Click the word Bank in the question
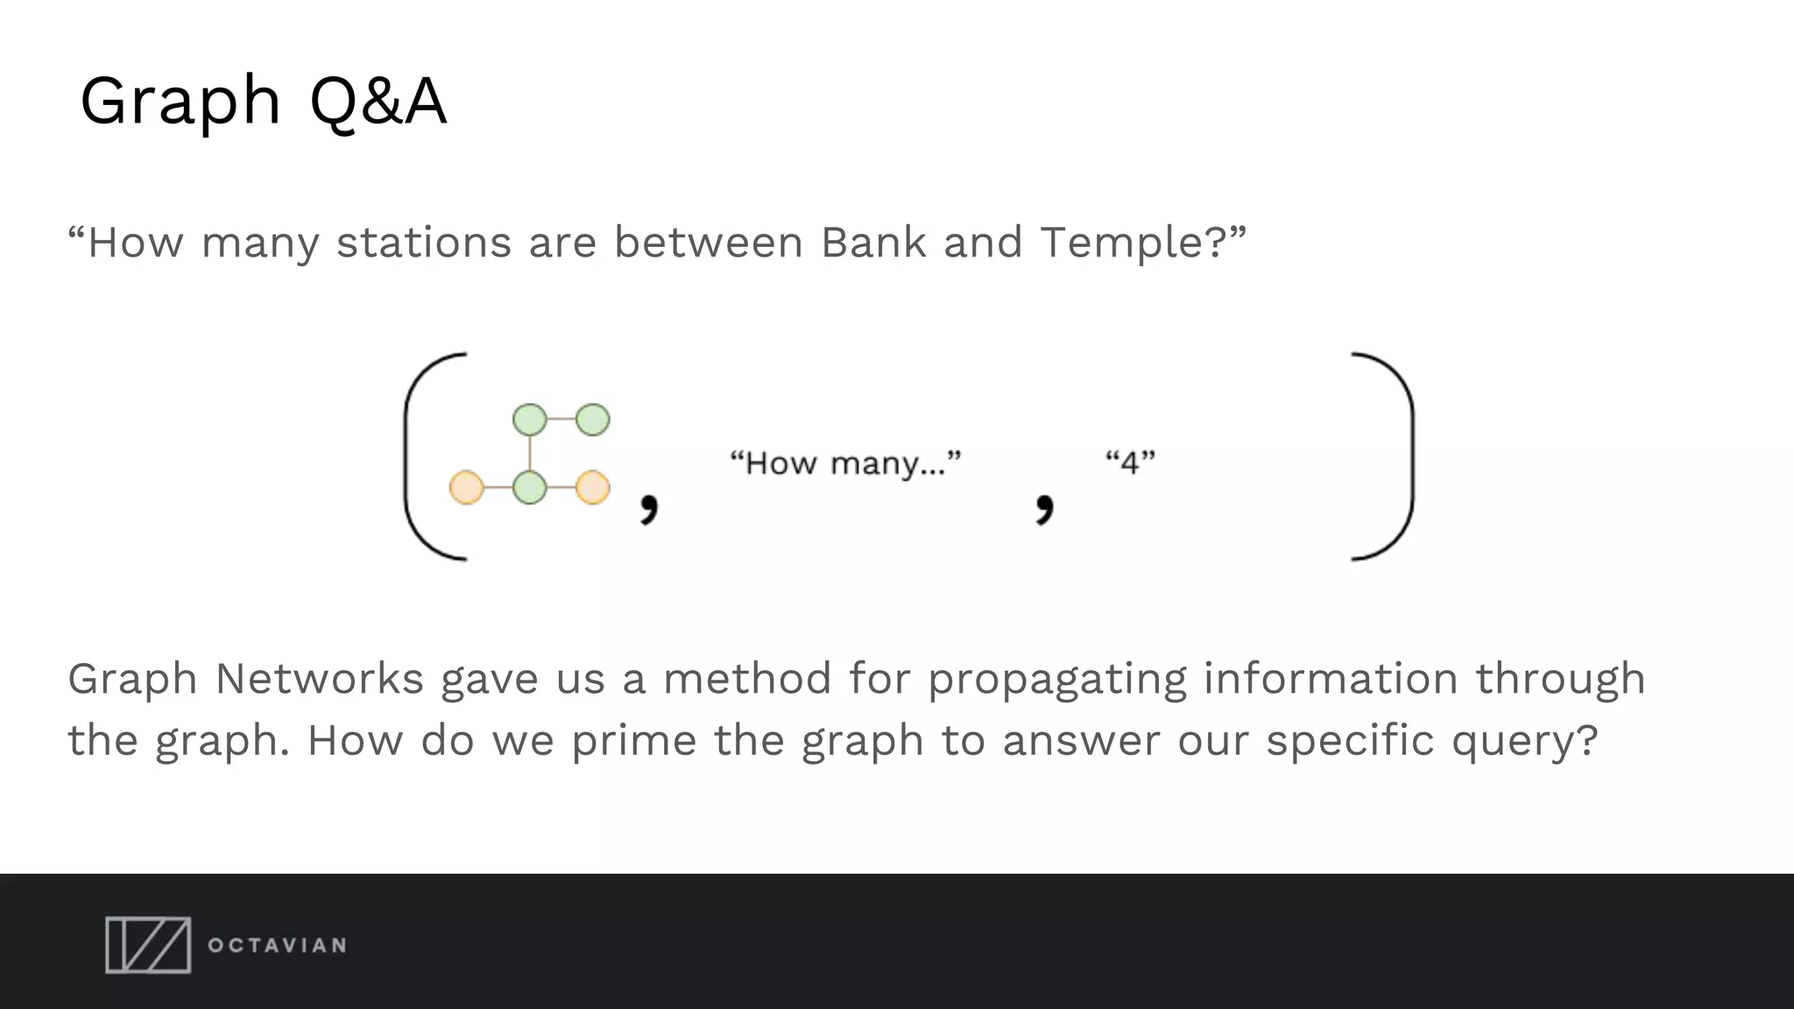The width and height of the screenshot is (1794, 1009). point(872,243)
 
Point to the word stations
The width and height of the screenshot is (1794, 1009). point(423,243)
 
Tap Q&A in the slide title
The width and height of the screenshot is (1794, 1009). point(378,102)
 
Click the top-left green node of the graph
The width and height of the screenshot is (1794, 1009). point(529,420)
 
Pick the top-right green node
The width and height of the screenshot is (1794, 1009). point(593,420)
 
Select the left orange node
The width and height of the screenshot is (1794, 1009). point(466,487)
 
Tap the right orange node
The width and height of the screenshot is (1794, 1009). point(593,487)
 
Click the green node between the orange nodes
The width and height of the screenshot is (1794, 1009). point(529,487)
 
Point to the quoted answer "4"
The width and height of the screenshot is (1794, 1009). point(1130,462)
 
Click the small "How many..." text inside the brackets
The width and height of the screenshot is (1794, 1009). point(845,462)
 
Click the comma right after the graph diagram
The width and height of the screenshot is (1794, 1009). point(648,508)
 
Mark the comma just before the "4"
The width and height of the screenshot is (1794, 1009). point(1044,508)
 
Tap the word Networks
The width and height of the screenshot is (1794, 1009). point(319,679)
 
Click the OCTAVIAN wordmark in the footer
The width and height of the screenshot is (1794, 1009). point(277,946)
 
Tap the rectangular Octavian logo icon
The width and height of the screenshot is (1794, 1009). point(148,945)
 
